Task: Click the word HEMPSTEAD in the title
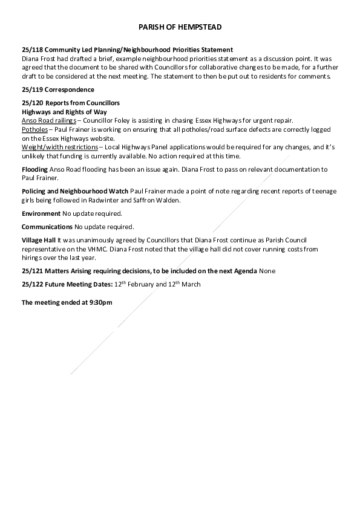[x=200, y=28]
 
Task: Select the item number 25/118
[x=32, y=50]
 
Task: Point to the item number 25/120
[x=32, y=103]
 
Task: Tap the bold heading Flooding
[x=34, y=169]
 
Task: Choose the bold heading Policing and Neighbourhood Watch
[x=75, y=192]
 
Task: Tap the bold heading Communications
[x=47, y=227]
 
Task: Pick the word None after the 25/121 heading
[x=267, y=271]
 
